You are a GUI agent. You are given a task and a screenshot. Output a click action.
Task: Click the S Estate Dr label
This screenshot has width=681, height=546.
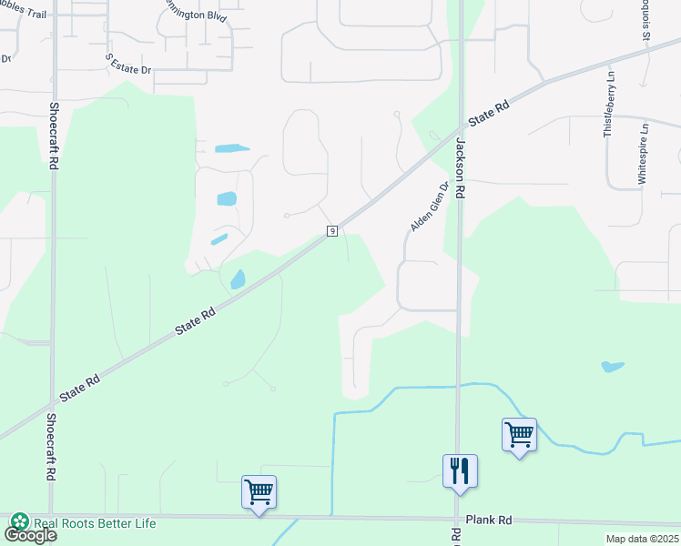pyautogui.click(x=127, y=64)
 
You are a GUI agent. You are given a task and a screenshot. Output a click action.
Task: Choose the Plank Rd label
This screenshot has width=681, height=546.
pyautogui.click(x=489, y=520)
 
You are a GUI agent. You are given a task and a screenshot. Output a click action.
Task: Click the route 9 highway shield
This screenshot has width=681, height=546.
pyautogui.click(x=332, y=231)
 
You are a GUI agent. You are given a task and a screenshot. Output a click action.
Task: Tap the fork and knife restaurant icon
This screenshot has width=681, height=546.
pyautogui.click(x=460, y=471)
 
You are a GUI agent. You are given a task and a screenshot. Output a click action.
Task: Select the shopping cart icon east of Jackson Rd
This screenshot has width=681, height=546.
pyautogui.click(x=519, y=435)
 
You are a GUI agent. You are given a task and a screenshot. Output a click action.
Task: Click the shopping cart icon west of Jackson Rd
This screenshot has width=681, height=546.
pyautogui.click(x=259, y=492)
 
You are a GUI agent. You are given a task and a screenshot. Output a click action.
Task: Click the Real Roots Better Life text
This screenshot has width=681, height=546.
pyautogui.click(x=95, y=523)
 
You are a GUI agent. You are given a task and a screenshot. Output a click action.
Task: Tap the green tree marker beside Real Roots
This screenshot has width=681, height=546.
pyautogui.click(x=19, y=522)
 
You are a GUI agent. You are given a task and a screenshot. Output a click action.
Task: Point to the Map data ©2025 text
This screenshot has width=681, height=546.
pyautogui.click(x=641, y=539)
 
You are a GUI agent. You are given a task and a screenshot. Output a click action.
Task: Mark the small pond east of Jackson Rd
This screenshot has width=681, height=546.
pyautogui.click(x=612, y=367)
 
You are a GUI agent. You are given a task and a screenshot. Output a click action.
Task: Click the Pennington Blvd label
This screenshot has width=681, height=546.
pyautogui.click(x=192, y=13)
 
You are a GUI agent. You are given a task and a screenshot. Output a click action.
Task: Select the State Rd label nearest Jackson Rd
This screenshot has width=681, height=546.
pyautogui.click(x=488, y=115)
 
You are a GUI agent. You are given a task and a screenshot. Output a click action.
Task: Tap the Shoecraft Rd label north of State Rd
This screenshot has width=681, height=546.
pyautogui.click(x=54, y=139)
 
